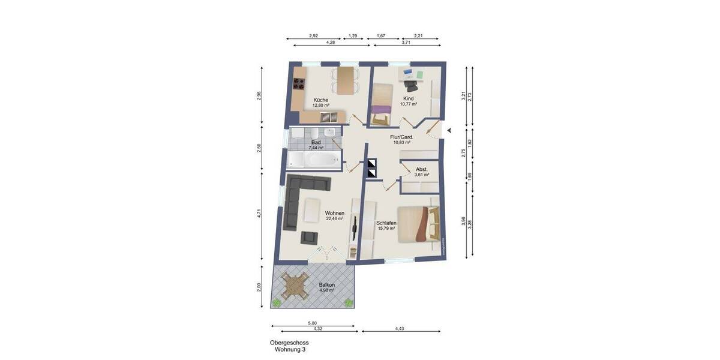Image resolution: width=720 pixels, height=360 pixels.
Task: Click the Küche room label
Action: pos(320,100)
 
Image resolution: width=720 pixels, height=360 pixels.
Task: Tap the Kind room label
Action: pos(409,98)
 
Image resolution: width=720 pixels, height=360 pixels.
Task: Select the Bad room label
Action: pos(316,142)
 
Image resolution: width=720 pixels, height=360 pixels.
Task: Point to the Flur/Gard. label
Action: pos(401,137)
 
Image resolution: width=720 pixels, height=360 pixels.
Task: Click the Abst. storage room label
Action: pos(422,170)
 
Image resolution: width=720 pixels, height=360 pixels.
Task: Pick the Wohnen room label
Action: pos(334,213)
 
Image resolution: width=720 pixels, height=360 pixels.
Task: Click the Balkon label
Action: pos(326,285)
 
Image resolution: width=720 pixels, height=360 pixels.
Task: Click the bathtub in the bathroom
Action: pos(314,158)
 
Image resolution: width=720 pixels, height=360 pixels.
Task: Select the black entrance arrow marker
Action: pos(449,131)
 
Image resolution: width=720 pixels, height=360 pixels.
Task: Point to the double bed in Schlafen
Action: pos(416,223)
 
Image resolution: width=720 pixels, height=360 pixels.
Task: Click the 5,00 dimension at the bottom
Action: pos(313,323)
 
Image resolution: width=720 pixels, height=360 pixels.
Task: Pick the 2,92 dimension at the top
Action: pos(313,36)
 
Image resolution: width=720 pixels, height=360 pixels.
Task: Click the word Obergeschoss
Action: pos(289,343)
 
